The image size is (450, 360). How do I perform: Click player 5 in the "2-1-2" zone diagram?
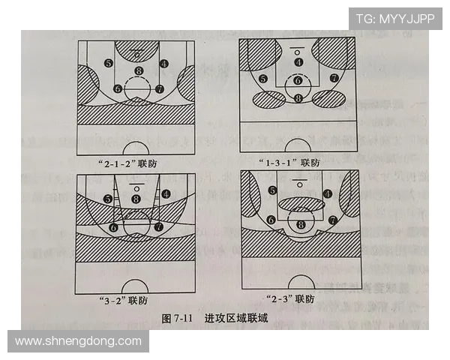(109, 63)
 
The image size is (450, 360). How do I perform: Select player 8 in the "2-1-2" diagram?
(137, 72)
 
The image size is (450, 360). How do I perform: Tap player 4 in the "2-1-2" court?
(164, 63)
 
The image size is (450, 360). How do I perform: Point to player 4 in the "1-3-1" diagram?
(298, 62)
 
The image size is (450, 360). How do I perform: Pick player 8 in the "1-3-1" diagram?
(298, 98)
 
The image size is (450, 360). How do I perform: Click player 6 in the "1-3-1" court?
(298, 81)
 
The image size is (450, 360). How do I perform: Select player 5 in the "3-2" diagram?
(109, 199)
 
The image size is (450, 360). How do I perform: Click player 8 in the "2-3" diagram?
(301, 223)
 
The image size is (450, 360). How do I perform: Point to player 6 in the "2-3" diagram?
(270, 220)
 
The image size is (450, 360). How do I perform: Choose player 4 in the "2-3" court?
(328, 193)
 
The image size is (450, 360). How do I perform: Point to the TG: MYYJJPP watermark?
(394, 18)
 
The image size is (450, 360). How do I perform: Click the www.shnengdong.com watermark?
(78, 341)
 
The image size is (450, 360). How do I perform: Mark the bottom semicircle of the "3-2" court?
(135, 287)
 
